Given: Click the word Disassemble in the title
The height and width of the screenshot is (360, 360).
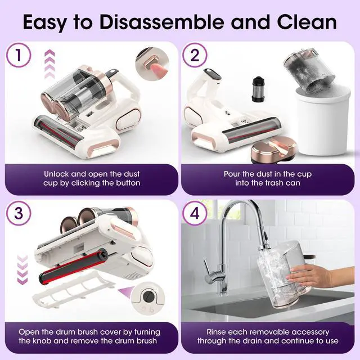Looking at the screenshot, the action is coord(162,22).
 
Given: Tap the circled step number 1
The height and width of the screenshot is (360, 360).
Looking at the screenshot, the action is coord(19,55).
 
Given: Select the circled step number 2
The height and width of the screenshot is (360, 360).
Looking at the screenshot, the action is coord(195,55).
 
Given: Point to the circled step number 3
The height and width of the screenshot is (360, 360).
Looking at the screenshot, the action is coord(19,213).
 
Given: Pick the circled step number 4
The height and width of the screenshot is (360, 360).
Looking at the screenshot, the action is coord(195,213).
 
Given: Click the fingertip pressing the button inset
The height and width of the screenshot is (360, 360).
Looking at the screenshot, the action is coord(158,70).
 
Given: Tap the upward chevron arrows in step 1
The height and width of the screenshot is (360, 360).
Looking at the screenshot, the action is coord(49,64).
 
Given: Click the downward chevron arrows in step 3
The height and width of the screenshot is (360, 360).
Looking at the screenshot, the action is coord(22,270).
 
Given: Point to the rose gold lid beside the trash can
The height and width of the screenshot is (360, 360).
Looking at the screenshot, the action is coord(274,150).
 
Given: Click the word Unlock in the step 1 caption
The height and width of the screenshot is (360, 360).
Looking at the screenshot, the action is coord(56,174).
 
